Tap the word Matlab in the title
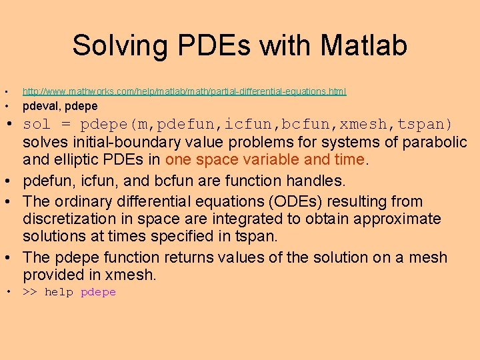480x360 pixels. click(x=363, y=46)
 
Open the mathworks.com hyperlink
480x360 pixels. click(x=184, y=91)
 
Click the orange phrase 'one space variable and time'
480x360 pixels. click(x=267, y=160)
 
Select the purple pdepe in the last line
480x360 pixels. click(x=98, y=292)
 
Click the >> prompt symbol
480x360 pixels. click(x=30, y=292)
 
